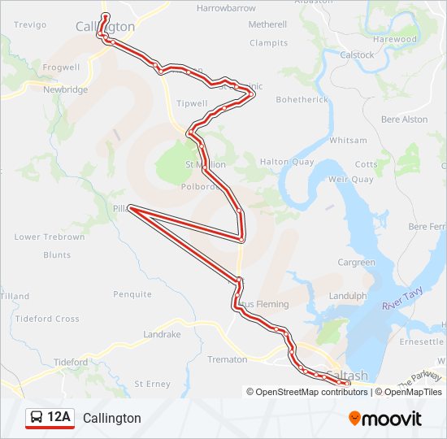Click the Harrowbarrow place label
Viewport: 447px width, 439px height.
tap(226, 8)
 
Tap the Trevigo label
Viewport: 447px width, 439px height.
tap(30, 25)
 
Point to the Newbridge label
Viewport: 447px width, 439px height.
tap(65, 89)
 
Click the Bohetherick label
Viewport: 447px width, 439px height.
tap(302, 100)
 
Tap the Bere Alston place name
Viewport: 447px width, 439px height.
tap(404, 120)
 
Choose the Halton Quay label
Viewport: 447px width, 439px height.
tap(286, 162)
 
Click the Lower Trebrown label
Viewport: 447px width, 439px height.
tap(49, 237)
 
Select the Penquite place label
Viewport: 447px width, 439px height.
tap(132, 294)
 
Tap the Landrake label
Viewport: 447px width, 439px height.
tap(162, 334)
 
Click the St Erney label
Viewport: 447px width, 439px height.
tap(152, 383)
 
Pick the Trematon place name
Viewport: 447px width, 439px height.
tap(227, 359)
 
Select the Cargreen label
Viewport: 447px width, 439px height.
tap(356, 263)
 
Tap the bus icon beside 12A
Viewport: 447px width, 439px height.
tap(37, 418)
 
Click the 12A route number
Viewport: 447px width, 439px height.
tap(59, 418)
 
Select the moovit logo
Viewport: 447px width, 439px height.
tap(385, 419)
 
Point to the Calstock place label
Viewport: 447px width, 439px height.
tap(358, 55)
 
